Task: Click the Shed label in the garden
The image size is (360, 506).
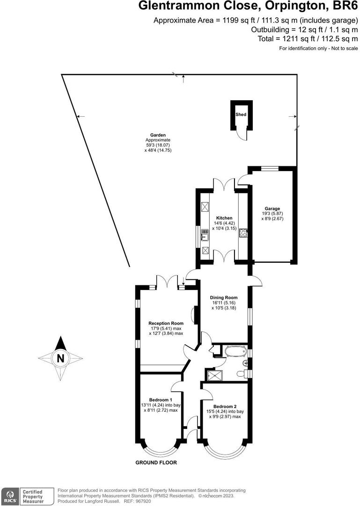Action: pyautogui.click(x=241, y=114)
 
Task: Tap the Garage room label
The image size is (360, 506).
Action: pyautogui.click(x=272, y=208)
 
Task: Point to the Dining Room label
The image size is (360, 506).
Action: pyautogui.click(x=224, y=298)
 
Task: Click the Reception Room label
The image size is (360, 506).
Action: pyautogui.click(x=166, y=323)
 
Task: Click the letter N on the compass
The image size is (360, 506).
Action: pyautogui.click(x=60, y=359)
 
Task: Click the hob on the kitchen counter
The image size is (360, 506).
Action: pyautogui.click(x=243, y=233)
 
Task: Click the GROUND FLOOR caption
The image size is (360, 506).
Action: pyautogui.click(x=156, y=462)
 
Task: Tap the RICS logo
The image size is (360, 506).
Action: pyautogui.click(x=10, y=496)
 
